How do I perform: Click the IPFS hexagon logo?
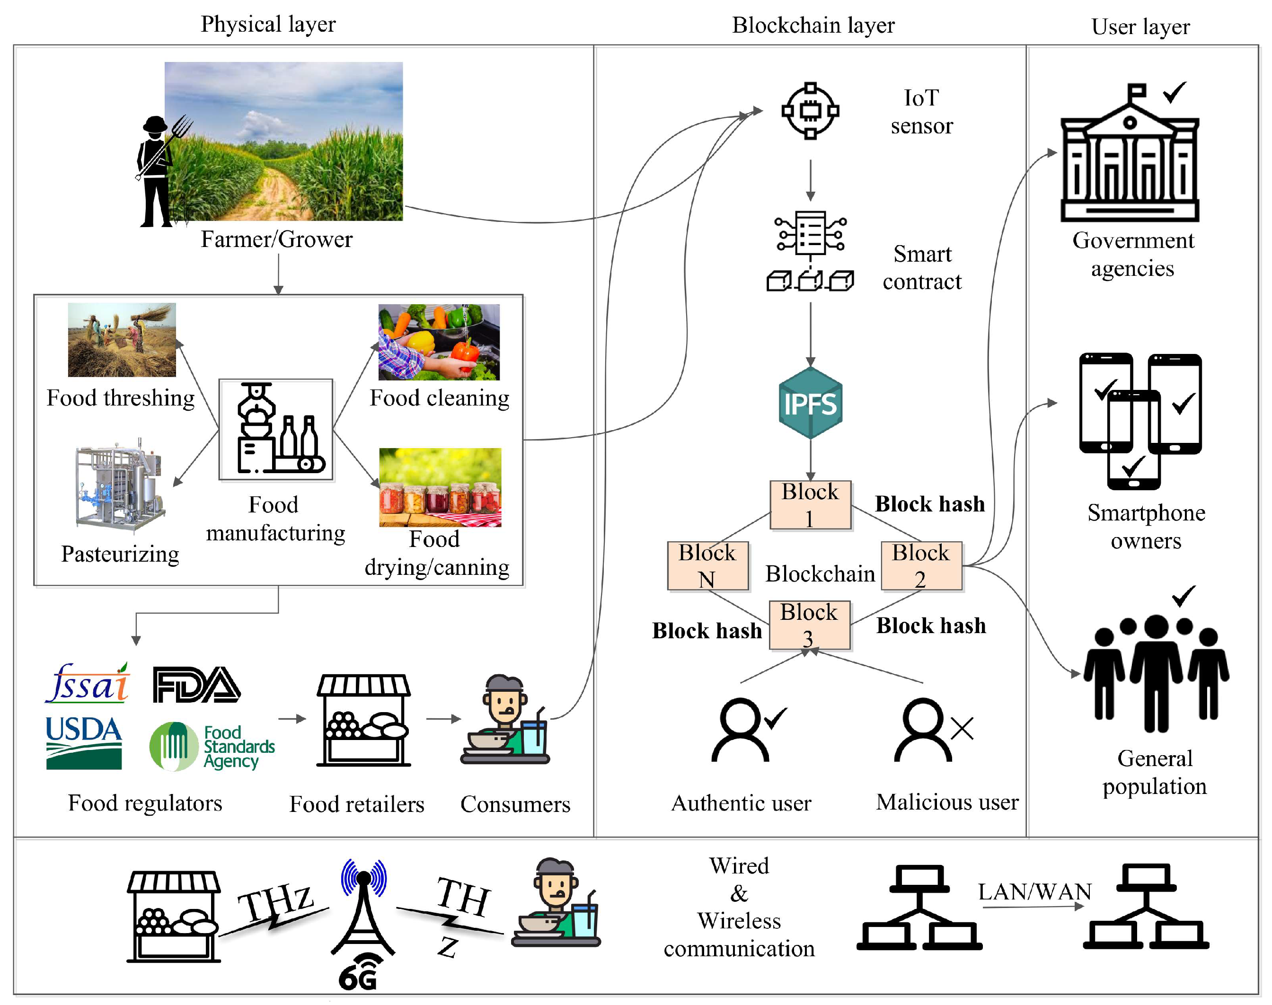(x=810, y=403)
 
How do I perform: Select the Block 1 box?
(x=810, y=505)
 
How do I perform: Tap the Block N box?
(x=707, y=565)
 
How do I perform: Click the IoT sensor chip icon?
(x=810, y=111)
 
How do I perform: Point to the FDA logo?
(x=196, y=684)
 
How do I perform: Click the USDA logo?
(x=84, y=742)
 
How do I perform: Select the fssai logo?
(x=88, y=684)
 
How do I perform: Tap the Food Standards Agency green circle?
(x=174, y=746)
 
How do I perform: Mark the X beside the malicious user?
(x=962, y=729)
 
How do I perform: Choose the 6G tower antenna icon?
(x=363, y=909)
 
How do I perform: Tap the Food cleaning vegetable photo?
(x=439, y=342)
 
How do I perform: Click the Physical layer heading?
(x=268, y=24)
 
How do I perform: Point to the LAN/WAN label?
(x=1034, y=892)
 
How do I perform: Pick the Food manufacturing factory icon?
(x=276, y=429)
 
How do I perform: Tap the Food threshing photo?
(x=122, y=340)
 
